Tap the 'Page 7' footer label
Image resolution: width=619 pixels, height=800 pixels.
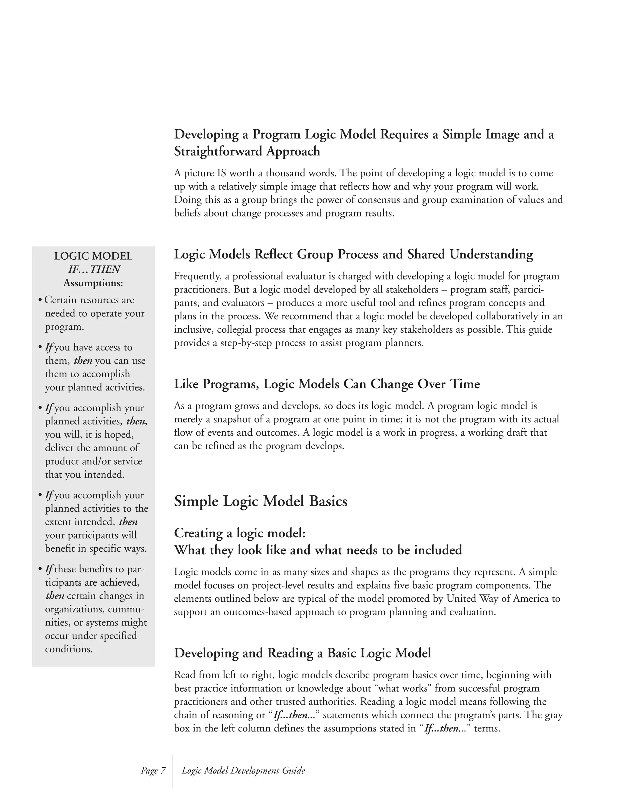(153, 770)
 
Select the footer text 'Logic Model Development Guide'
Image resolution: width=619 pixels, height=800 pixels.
(243, 770)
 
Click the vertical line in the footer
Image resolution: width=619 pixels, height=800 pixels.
(173, 771)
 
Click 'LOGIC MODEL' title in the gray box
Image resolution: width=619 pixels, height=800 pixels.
(93, 256)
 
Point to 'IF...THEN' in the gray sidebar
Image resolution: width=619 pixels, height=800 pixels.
(94, 270)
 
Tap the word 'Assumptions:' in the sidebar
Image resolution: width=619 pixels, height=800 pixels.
(93, 283)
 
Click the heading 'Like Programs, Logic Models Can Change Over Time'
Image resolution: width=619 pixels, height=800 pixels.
(327, 384)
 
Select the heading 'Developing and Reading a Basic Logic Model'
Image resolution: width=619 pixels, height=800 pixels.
(302, 653)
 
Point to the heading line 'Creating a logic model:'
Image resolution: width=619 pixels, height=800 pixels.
(239, 533)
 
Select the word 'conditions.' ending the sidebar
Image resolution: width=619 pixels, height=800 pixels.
(69, 649)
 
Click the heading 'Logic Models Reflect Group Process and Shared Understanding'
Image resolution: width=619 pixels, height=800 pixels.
(353, 254)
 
